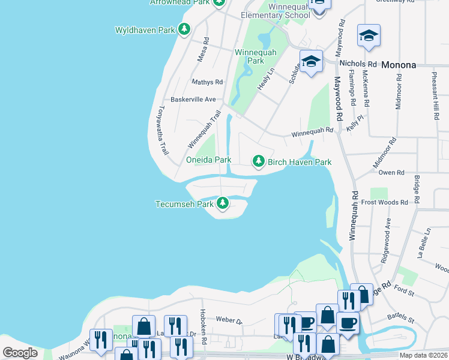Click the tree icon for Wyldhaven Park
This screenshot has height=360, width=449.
tap(185, 29)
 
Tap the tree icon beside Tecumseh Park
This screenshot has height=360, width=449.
tap(223, 204)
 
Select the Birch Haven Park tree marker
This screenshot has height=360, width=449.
tap(259, 161)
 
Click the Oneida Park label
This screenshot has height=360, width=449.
tap(208, 160)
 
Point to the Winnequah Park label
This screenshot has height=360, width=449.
tap(256, 56)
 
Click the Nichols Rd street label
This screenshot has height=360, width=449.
tap(358, 63)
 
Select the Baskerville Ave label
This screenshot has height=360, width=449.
tap(193, 99)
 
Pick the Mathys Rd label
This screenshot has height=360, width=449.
tap(207, 82)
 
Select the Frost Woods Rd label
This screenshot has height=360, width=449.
tap(384, 203)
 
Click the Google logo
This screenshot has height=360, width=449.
tap(20, 353)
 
